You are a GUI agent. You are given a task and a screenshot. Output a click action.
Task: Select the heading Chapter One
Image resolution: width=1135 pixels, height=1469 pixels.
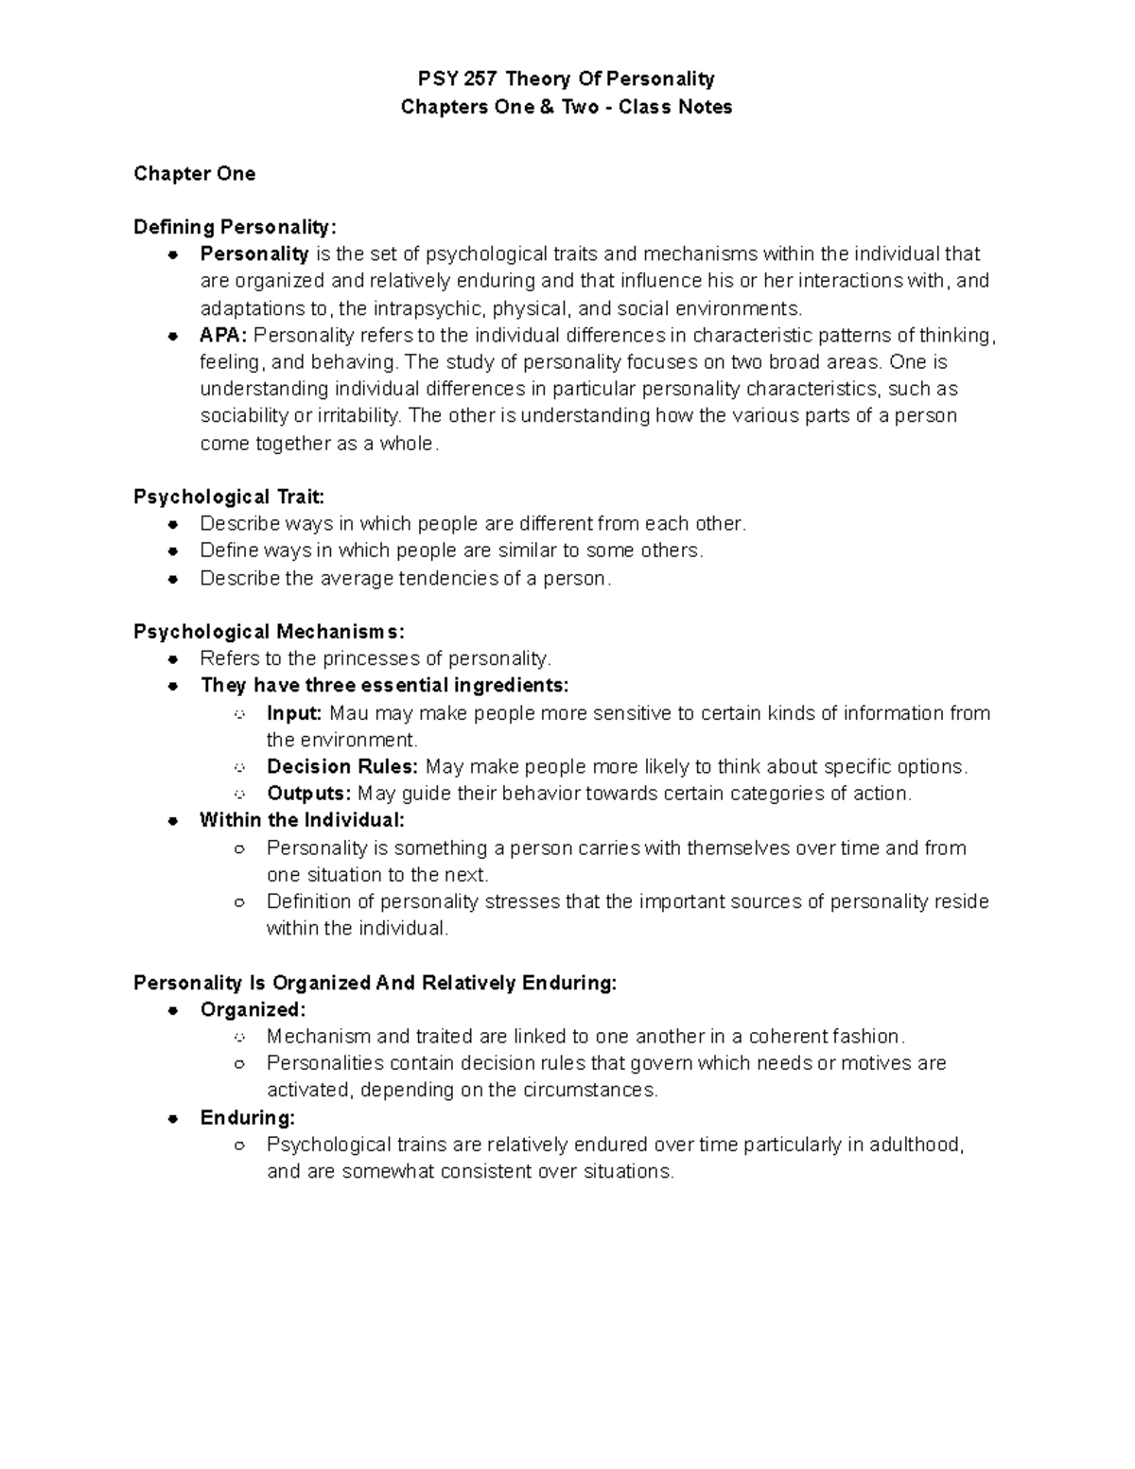194,173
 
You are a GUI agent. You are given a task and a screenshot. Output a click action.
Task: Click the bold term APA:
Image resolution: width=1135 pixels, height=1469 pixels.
223,335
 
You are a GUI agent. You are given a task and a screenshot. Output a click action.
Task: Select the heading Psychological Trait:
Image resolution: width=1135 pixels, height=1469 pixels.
229,497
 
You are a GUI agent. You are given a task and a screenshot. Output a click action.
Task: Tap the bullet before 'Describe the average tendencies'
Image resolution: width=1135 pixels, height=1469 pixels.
173,579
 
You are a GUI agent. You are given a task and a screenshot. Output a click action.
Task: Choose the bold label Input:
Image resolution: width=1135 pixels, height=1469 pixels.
294,713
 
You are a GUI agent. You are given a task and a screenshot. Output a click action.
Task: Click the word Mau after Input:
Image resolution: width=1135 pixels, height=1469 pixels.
350,713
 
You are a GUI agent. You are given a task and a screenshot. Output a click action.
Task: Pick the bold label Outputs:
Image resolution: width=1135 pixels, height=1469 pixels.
308,794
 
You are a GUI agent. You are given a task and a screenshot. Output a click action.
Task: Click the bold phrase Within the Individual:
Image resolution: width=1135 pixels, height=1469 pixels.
302,820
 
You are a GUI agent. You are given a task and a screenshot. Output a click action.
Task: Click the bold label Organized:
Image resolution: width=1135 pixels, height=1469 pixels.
253,1009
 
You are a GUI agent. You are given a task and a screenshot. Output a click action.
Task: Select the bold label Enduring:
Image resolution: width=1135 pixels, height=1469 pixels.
248,1117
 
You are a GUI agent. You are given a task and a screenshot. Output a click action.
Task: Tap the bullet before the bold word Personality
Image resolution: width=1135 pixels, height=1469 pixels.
173,254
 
